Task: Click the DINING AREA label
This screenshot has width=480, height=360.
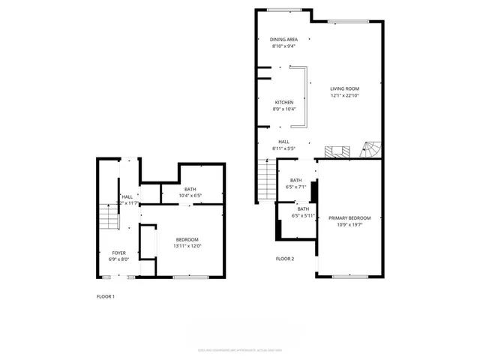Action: [283, 39]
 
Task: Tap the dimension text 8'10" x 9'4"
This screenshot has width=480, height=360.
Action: [283, 46]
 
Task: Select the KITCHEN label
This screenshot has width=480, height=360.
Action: [283, 102]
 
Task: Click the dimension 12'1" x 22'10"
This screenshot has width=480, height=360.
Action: [345, 95]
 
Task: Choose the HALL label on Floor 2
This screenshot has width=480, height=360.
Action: [283, 142]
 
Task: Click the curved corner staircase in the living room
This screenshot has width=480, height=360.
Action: [371, 150]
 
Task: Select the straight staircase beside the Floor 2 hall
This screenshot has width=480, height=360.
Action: [267, 181]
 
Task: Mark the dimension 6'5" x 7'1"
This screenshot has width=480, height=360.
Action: [295, 187]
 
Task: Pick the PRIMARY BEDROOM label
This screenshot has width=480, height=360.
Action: [350, 218]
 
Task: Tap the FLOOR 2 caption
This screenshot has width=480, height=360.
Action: [285, 259]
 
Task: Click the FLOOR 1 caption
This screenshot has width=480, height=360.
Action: [106, 296]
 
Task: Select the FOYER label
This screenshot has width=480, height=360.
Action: [119, 253]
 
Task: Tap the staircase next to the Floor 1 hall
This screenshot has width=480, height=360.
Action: [109, 217]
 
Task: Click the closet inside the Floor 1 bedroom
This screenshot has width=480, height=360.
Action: [148, 244]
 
